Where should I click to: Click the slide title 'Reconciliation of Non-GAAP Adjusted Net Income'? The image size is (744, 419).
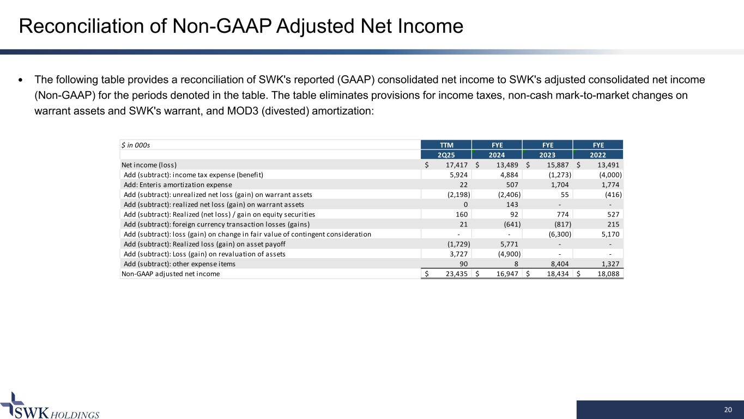point(241,26)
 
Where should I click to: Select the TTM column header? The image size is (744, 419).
point(446,145)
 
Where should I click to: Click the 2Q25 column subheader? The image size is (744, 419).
point(446,155)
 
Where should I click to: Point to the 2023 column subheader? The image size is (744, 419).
point(548,155)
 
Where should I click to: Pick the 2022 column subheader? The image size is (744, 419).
point(598,155)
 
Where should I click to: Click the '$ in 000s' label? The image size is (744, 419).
point(136,145)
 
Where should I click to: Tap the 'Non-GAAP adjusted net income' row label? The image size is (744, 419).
point(171,274)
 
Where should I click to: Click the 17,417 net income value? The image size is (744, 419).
point(453,165)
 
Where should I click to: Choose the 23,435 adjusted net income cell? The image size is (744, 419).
point(453,274)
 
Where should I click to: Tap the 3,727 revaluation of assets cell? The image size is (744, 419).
point(456,254)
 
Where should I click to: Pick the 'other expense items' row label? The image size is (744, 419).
point(180,264)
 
